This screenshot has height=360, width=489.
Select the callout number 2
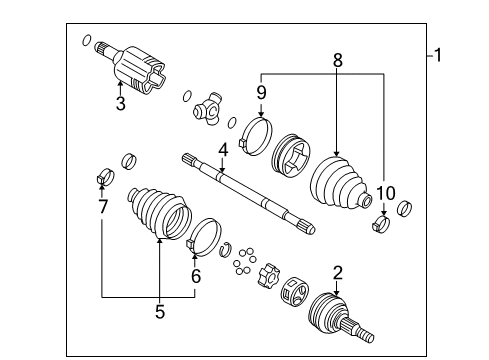(x=337, y=273)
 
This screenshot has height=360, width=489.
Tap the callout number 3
(x=120, y=103)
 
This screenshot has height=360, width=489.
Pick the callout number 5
(x=159, y=312)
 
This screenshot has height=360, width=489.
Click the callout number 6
(x=196, y=277)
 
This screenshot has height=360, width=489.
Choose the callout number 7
(x=102, y=207)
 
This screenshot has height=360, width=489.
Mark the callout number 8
(x=337, y=61)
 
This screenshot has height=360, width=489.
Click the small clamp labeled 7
(x=102, y=181)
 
